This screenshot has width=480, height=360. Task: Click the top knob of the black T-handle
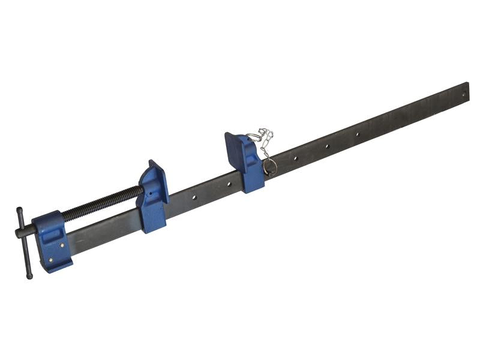click(19, 211)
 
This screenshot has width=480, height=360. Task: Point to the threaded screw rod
click(102, 203)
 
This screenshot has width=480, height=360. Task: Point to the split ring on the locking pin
click(269, 165)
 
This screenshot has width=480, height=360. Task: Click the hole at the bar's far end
click(463, 92)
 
